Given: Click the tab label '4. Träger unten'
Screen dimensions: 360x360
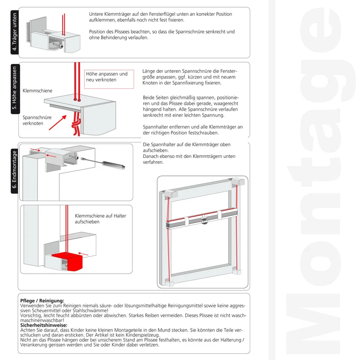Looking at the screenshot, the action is tap(15, 32).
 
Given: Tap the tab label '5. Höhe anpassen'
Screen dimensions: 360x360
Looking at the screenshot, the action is tap(15, 88).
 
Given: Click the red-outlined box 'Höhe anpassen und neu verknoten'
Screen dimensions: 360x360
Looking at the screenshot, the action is tap(109, 79).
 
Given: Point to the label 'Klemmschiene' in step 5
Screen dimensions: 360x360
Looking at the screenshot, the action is tap(37, 91).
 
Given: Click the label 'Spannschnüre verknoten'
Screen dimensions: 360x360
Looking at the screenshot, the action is tap(37, 120).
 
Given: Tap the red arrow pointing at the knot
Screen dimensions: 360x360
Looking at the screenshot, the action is tap(58, 122).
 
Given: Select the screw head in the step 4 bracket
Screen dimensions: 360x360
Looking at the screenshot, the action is tap(62, 46).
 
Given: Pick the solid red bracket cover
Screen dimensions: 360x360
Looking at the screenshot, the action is tap(69, 261).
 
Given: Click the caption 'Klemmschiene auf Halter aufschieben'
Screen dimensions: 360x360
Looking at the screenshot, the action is tap(100, 219).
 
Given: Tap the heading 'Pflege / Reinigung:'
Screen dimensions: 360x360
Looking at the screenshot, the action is tap(42, 301).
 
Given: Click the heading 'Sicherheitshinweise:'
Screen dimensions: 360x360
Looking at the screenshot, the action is tap(44, 325).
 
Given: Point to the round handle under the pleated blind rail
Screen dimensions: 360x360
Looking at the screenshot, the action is tap(205, 221).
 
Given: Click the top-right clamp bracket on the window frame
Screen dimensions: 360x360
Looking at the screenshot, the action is tap(238, 181).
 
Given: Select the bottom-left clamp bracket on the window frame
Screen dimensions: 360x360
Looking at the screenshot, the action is tap(170, 283).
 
